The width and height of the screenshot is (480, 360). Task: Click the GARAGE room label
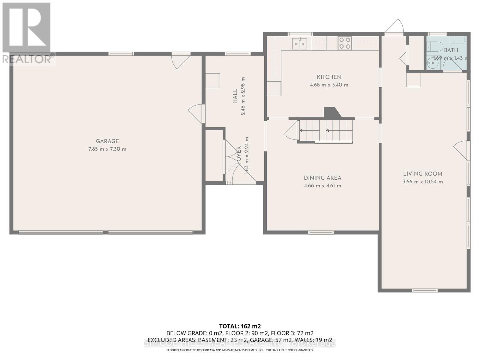[x=107, y=141]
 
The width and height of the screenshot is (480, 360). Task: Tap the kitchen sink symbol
[x=299, y=44]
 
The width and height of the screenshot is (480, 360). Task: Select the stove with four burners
[x=345, y=43]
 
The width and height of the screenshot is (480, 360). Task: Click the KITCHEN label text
[x=329, y=77]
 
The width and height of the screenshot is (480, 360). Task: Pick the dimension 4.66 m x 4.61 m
[x=322, y=186]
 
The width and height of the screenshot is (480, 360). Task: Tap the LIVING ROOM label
[x=422, y=174]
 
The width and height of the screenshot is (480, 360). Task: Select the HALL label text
[x=235, y=96]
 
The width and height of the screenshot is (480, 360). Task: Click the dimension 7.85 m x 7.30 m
[x=107, y=149]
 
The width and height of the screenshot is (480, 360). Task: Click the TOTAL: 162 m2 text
[x=240, y=326]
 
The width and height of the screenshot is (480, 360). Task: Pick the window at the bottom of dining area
[x=321, y=232]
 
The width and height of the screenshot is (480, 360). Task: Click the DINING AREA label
[x=322, y=178]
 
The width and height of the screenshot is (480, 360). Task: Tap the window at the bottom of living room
[x=424, y=290]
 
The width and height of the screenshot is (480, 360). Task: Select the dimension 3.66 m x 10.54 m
[x=422, y=182]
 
